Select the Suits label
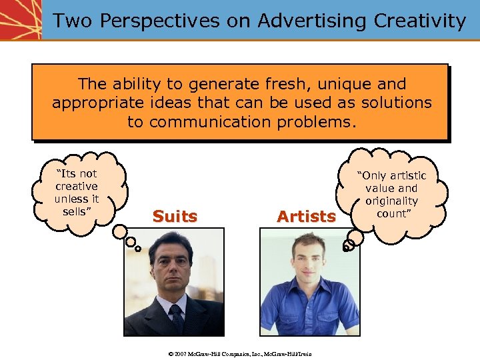(175, 217)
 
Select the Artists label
(306, 217)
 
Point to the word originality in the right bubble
(391, 201)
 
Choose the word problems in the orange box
(320, 122)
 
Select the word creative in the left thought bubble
(76, 186)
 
